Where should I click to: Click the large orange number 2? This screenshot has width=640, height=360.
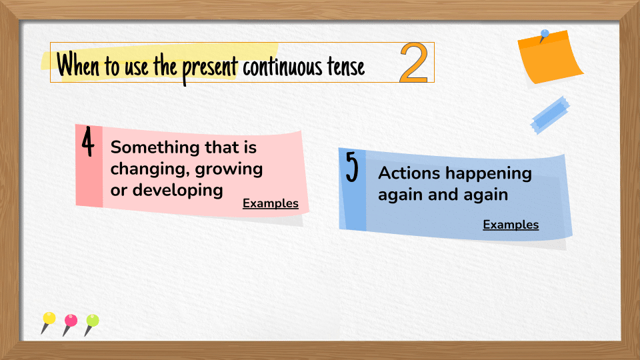414,63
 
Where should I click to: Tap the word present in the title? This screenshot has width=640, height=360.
209,68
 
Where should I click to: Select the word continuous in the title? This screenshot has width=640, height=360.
281,67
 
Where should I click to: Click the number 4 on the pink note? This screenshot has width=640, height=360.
88,142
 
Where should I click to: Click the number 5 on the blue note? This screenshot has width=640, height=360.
352,167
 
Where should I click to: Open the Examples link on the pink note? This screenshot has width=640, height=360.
270,203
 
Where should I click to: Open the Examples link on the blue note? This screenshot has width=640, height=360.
511,225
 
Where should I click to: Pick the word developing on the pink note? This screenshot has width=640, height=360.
178,191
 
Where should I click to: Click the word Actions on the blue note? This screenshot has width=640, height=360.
409,173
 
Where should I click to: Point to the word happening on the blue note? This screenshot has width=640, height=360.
489,174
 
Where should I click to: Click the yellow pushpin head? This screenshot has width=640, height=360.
49,318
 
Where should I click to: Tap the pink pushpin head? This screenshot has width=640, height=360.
71,321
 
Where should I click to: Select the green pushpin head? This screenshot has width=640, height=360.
93,321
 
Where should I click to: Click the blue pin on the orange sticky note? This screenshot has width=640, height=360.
545,33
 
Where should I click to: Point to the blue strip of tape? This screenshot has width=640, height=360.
550,115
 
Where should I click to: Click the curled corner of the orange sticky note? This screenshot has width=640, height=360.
573,74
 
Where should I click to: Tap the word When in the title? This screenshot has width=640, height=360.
78,65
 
